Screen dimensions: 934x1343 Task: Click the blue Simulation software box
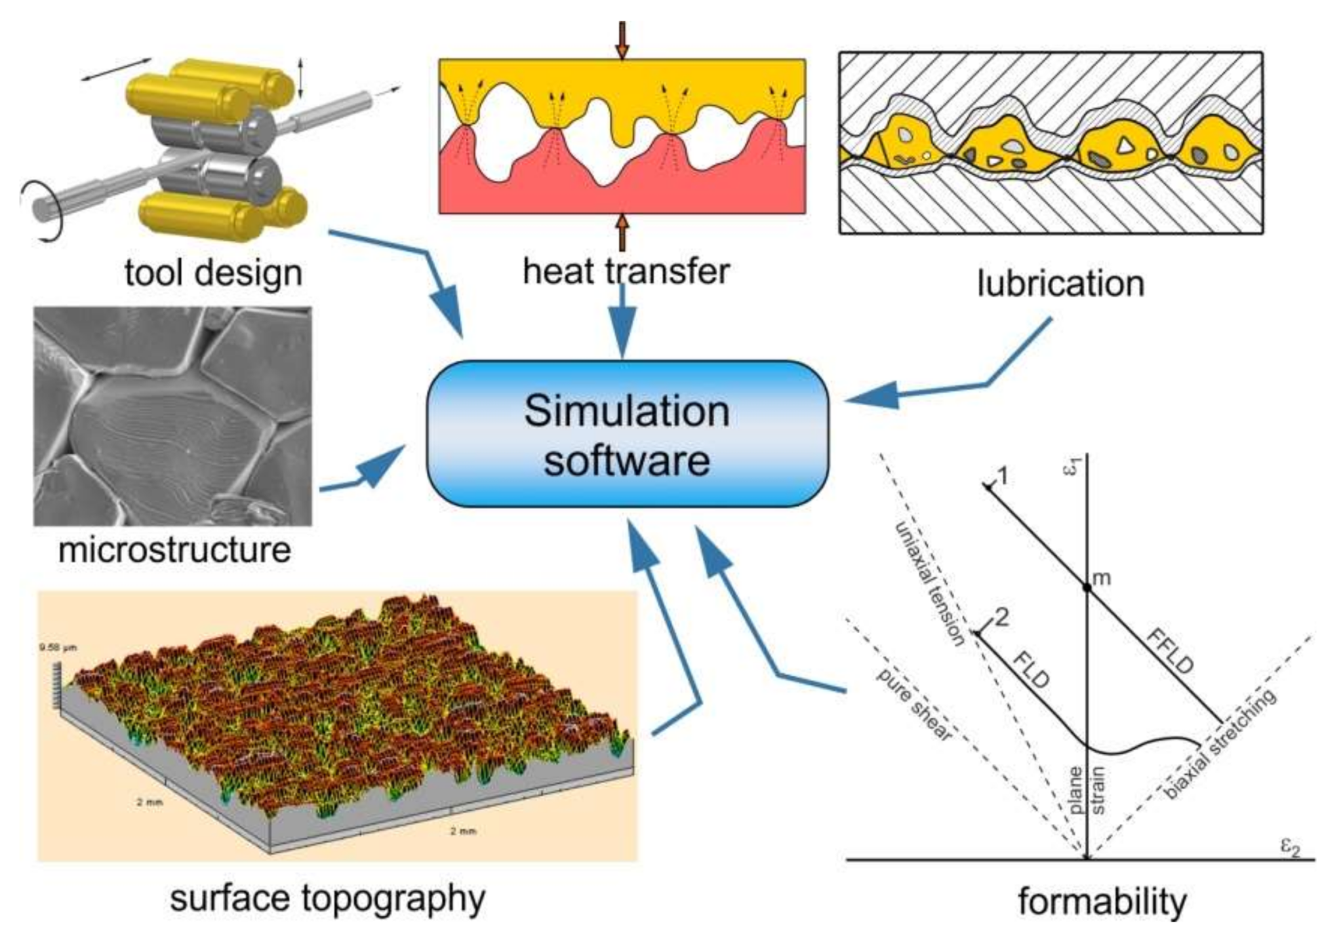point(627,434)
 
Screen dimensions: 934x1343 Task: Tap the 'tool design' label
point(213,272)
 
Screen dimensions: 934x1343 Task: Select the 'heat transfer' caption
point(626,271)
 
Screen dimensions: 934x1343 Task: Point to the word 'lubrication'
point(1060,284)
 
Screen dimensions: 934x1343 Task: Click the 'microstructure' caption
point(174,549)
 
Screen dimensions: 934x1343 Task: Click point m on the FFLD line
point(1087,587)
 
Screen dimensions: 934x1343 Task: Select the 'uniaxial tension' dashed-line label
point(931,583)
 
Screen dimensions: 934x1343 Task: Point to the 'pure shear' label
point(913,705)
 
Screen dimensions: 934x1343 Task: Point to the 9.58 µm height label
point(58,648)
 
